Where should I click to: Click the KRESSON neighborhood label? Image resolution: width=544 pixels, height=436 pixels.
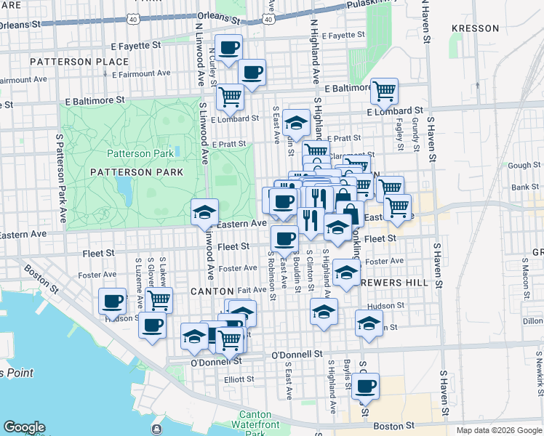click(476, 28)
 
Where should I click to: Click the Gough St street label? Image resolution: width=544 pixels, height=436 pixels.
click(524, 166)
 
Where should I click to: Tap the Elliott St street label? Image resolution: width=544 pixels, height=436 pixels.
click(239, 379)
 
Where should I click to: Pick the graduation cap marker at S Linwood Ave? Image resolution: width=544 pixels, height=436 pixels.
click(204, 211)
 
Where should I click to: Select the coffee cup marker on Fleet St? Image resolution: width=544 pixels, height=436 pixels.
click(284, 237)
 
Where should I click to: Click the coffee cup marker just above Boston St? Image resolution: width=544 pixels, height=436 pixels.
click(366, 385)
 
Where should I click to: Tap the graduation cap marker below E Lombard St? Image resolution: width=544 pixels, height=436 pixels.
click(297, 121)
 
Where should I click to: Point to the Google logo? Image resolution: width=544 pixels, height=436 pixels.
click(24, 427)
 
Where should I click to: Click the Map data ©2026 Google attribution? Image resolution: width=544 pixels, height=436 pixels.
click(499, 430)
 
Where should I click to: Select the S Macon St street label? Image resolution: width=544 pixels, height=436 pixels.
click(524, 277)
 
